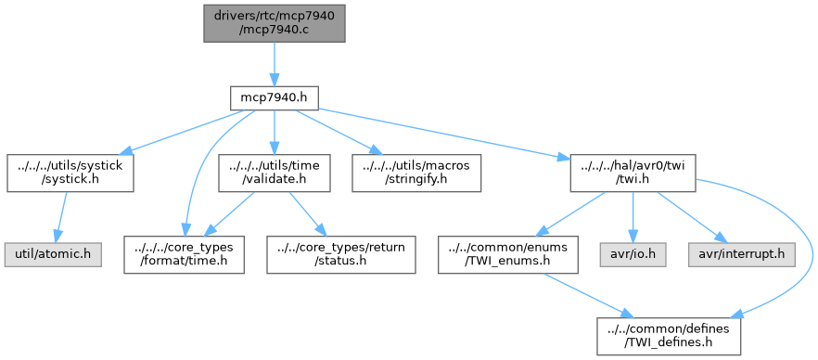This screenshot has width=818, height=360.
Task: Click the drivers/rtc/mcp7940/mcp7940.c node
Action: click(275, 21)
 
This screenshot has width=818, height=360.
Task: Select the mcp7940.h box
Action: click(275, 96)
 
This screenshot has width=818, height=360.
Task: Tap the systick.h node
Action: click(70, 172)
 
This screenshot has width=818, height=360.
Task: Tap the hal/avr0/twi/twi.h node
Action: click(631, 172)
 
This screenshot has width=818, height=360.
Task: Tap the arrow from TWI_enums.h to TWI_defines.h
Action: click(594, 295)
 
